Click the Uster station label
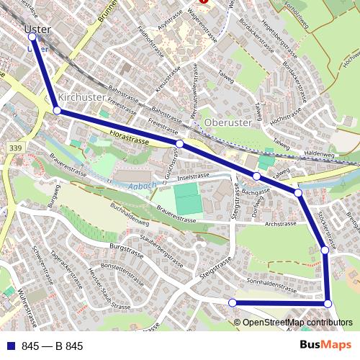37,30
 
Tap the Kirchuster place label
81,97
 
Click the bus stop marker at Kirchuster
57,111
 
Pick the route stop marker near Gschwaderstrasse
179,145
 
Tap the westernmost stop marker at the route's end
232,303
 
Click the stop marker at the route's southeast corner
328,303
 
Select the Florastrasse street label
130,137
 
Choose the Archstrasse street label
280,224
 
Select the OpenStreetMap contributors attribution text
297,323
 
